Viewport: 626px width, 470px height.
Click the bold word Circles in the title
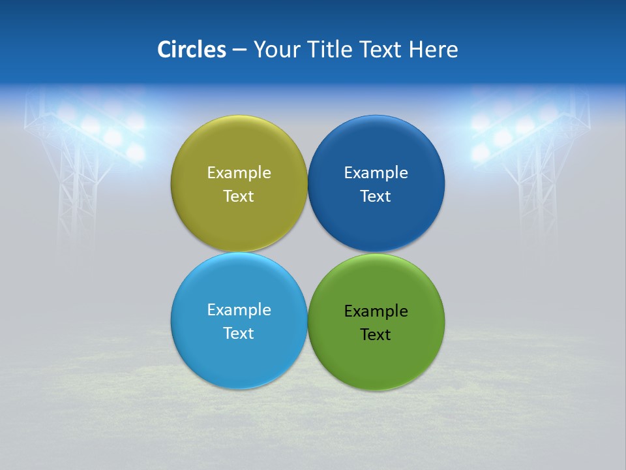[x=191, y=50]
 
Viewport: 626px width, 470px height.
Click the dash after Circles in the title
[x=239, y=50]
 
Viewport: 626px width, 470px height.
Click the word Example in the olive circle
[x=239, y=173]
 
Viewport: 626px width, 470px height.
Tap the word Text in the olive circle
[x=239, y=196]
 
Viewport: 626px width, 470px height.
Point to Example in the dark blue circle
[x=376, y=173]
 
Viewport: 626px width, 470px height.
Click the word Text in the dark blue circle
[x=376, y=196]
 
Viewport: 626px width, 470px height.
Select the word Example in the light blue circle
[x=239, y=310]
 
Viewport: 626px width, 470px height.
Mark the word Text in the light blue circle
[x=239, y=334]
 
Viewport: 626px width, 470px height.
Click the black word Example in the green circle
[x=376, y=311]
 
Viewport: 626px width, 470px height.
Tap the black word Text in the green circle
[x=376, y=335]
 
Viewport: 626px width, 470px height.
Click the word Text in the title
[x=381, y=50]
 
